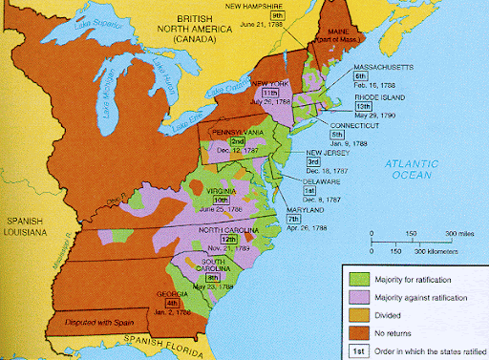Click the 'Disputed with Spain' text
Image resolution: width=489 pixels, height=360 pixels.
point(96,321)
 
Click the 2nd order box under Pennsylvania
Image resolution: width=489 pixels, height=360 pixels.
point(237,141)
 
